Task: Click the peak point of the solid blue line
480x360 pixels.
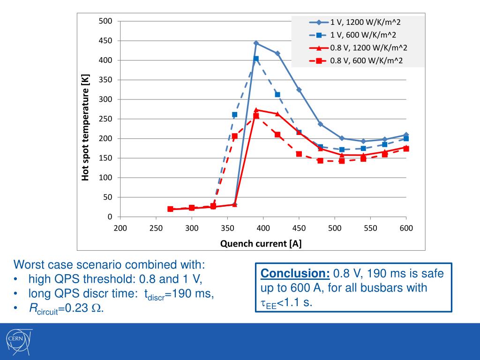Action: pos(256,43)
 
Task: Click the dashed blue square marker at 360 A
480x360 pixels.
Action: pos(234,114)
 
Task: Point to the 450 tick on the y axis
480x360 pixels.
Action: pos(105,41)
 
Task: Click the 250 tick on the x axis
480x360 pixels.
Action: pos(156,228)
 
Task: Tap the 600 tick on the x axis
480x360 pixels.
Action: pos(406,228)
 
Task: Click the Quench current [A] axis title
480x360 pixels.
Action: pos(261,243)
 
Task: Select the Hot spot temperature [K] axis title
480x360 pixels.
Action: pos(85,127)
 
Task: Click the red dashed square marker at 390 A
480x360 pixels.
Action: pos(256,116)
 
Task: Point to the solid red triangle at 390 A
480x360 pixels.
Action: pos(256,110)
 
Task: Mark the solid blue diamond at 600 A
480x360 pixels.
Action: pos(406,135)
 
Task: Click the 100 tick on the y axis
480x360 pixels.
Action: pos(105,178)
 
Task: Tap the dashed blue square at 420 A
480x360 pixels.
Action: pos(277,95)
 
